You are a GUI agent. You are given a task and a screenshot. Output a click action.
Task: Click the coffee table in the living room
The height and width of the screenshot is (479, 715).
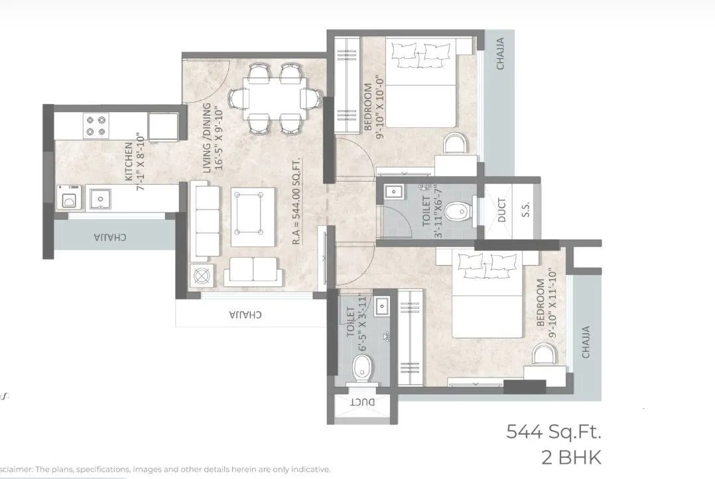[x=253, y=217]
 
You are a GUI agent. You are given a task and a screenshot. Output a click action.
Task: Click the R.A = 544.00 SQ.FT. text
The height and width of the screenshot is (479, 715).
[x=297, y=199]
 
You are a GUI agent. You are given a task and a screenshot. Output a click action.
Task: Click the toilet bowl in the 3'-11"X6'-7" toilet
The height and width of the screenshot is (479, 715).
[x=457, y=212]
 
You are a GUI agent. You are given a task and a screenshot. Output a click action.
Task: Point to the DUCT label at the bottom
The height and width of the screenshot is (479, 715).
[x=362, y=402]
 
